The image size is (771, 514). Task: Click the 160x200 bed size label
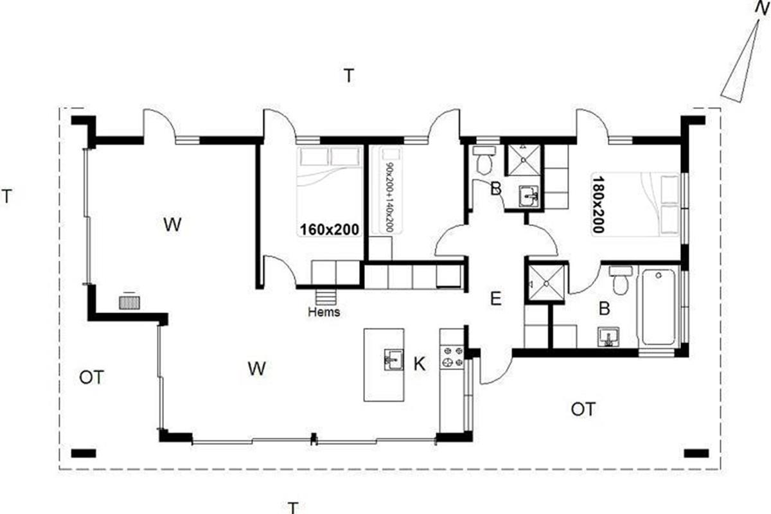tap(330, 229)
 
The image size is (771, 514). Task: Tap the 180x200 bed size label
tap(598, 204)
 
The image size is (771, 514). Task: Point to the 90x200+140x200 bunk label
tap(389, 197)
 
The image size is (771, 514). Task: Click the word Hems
tap(324, 312)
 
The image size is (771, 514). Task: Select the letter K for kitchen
tap(419, 364)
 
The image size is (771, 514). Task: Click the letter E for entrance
tap(495, 299)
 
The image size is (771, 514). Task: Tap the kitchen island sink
tap(394, 360)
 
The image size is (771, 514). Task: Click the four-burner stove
tap(452, 357)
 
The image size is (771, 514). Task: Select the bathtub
tap(658, 306)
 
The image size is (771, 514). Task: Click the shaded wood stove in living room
tap(129, 303)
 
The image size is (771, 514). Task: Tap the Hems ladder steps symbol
tap(326, 297)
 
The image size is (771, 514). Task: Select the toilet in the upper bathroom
tap(484, 161)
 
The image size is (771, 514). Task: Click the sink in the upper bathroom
tap(528, 197)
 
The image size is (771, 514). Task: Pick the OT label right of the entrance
tap(583, 409)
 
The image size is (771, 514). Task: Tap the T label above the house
tap(349, 76)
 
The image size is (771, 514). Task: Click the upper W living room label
tap(172, 225)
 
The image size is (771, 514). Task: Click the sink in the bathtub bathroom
tap(608, 337)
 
